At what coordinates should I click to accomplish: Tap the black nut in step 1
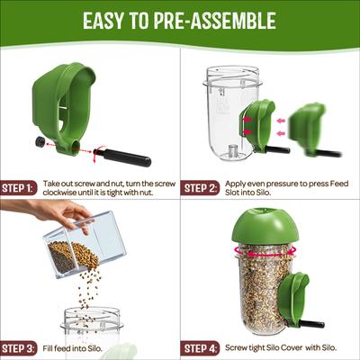pos(40,142)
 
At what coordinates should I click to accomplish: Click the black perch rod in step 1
pos(127,157)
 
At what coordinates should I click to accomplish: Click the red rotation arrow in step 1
pos(101,148)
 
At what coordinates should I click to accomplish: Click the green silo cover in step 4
pos(264,225)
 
